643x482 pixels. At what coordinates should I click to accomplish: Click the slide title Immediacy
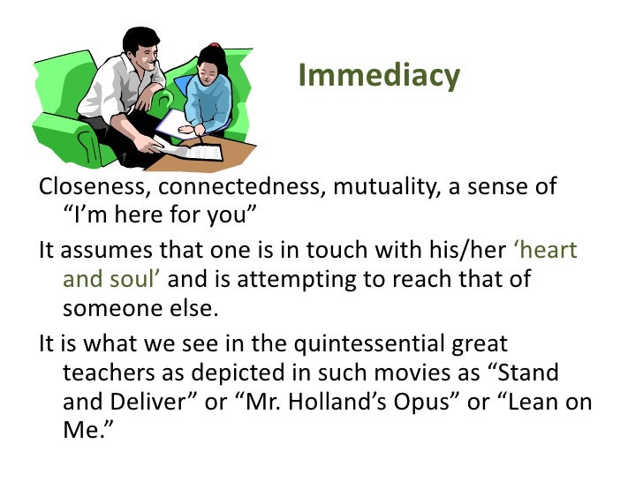[378, 77]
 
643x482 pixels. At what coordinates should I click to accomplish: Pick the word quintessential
[359, 343]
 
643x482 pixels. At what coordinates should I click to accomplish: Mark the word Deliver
[155, 403]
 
